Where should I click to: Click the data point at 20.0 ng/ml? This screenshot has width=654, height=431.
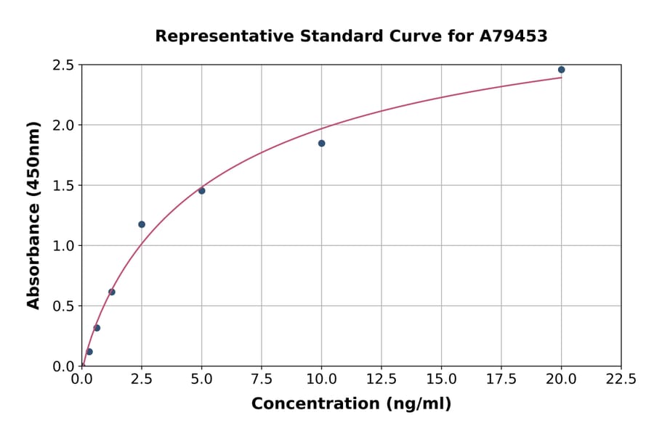click(561, 70)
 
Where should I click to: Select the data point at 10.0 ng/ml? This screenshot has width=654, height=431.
click(321, 144)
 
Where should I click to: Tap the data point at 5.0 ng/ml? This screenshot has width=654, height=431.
click(201, 191)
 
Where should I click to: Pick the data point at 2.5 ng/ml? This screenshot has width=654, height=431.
click(142, 224)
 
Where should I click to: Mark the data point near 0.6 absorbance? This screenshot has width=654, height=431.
click(112, 292)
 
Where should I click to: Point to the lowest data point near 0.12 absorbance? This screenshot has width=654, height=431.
click(89, 352)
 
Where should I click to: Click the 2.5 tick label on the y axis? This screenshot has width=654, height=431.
click(63, 65)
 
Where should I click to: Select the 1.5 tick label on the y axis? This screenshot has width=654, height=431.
click(63, 186)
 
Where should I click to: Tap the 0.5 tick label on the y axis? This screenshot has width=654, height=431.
click(63, 306)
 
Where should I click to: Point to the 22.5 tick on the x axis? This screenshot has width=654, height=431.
click(621, 379)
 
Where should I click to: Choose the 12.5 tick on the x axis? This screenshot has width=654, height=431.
click(381, 379)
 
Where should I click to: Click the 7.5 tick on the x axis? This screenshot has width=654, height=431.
click(262, 379)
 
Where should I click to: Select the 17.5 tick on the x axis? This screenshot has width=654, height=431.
click(501, 379)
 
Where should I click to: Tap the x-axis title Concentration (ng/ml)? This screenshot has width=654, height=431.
click(351, 404)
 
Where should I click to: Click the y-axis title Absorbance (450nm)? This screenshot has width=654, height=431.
click(33, 215)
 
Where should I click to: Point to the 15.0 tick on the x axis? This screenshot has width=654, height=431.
click(441, 379)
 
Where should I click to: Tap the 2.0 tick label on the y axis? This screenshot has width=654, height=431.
click(63, 126)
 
